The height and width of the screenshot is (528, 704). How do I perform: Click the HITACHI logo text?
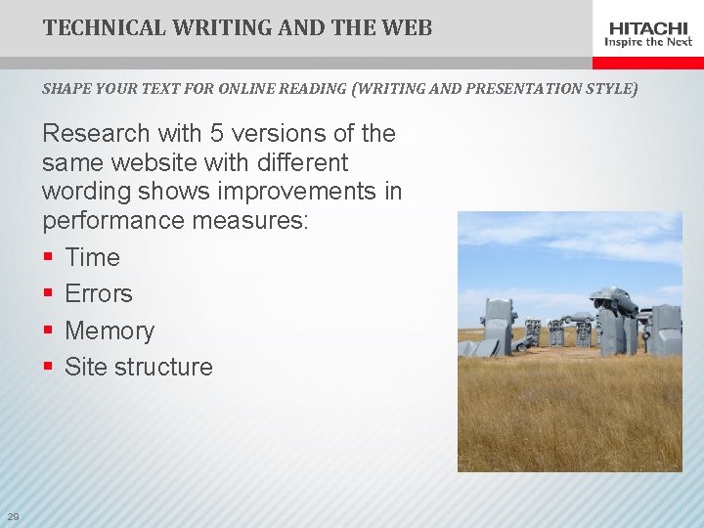tap(648, 27)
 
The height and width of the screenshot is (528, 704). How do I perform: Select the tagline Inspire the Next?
tap(648, 42)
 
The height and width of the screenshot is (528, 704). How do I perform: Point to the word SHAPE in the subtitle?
tap(64, 89)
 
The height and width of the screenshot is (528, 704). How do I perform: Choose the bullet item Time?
tap(92, 257)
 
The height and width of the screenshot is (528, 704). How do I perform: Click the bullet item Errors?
tap(98, 293)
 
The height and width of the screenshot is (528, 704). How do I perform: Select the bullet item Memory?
tap(110, 330)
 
